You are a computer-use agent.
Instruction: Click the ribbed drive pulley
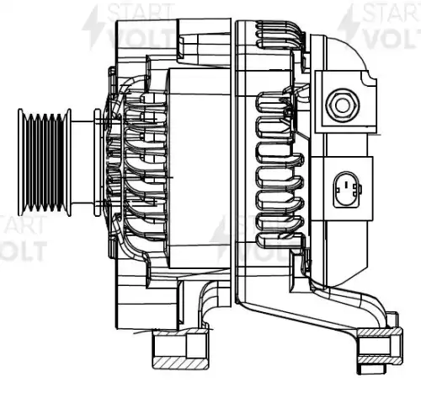(45, 162)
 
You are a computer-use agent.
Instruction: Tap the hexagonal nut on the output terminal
(343, 105)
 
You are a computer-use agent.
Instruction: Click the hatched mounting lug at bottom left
(180, 350)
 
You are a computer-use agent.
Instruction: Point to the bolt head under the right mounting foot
(371, 369)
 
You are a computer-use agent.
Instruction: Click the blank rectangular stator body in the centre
(200, 168)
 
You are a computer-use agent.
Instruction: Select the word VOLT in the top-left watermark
(141, 38)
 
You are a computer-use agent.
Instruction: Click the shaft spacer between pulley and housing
(83, 162)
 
